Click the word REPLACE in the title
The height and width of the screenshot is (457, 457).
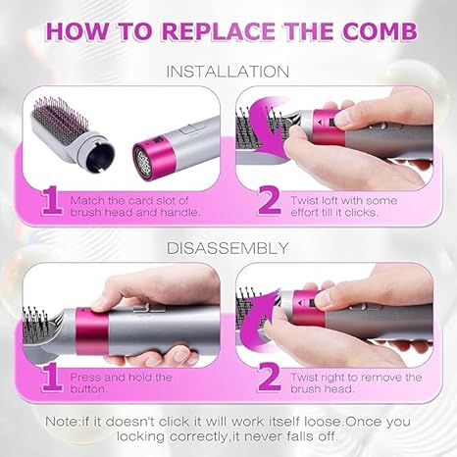[x=220, y=31]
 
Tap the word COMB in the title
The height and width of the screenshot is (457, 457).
[x=380, y=31]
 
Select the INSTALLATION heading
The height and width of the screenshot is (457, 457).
[x=228, y=72]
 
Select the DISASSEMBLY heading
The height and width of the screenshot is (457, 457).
[x=228, y=248]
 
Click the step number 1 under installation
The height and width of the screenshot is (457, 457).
[x=52, y=200]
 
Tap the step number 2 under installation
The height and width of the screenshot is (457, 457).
[x=270, y=200]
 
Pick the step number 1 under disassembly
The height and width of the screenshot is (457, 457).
[x=52, y=377]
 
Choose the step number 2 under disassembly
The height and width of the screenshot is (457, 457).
[x=270, y=377]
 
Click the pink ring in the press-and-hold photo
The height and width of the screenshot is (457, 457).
[x=92, y=331]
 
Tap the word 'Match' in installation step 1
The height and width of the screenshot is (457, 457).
[x=86, y=200]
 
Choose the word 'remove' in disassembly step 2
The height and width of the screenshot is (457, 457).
[x=381, y=378]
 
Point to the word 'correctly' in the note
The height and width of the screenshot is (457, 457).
[x=198, y=436]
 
